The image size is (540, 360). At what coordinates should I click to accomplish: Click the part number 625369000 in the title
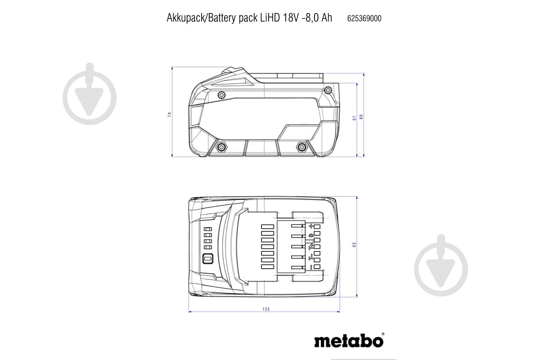[364, 18]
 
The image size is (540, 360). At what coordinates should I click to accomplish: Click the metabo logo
[349, 341]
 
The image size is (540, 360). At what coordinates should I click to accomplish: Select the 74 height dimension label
[170, 114]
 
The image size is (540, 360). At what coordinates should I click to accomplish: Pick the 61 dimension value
[355, 117]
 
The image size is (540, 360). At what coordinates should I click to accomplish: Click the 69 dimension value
[361, 117]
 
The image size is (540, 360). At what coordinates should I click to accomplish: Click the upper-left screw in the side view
[221, 95]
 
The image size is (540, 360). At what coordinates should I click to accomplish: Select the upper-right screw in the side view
[328, 91]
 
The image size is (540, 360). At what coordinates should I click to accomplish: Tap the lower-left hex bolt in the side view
[222, 147]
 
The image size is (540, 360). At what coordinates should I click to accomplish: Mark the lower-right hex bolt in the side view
[301, 147]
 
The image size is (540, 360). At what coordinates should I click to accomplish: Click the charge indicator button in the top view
[207, 259]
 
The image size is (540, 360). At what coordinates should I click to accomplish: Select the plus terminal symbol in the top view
[310, 226]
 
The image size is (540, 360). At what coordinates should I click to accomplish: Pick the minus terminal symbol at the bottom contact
[310, 267]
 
